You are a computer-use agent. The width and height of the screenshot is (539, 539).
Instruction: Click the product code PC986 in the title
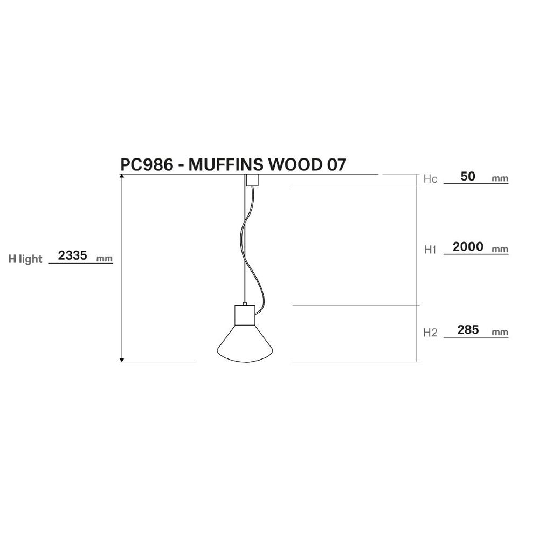point(147,165)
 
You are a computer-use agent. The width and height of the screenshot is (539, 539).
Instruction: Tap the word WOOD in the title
point(294,165)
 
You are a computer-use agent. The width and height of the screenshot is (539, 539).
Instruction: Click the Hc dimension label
point(430,179)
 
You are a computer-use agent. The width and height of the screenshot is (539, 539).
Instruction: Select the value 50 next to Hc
point(467,176)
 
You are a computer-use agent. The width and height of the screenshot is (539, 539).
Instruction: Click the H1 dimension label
point(430,250)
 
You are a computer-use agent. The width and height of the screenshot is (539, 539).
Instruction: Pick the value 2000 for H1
point(468,247)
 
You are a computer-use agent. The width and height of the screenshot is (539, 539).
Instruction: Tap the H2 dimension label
point(430,333)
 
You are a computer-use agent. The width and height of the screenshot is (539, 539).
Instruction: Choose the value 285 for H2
point(468,330)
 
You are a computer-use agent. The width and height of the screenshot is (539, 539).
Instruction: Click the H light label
point(25,259)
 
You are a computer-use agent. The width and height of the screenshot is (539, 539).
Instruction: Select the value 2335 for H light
point(73,255)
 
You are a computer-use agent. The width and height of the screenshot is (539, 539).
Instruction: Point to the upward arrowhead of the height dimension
point(121,176)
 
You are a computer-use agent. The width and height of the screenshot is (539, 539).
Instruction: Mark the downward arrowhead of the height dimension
point(121,360)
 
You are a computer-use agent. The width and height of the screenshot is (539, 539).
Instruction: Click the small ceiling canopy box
point(252,180)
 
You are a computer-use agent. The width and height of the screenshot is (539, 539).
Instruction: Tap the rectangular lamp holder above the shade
point(245,315)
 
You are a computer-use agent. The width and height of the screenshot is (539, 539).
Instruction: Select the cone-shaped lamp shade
point(245,344)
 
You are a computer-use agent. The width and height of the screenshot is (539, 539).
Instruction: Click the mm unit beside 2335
point(105,259)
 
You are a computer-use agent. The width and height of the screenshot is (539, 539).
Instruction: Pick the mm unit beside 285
point(500,333)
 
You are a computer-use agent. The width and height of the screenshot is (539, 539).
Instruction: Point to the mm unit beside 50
point(500,179)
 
